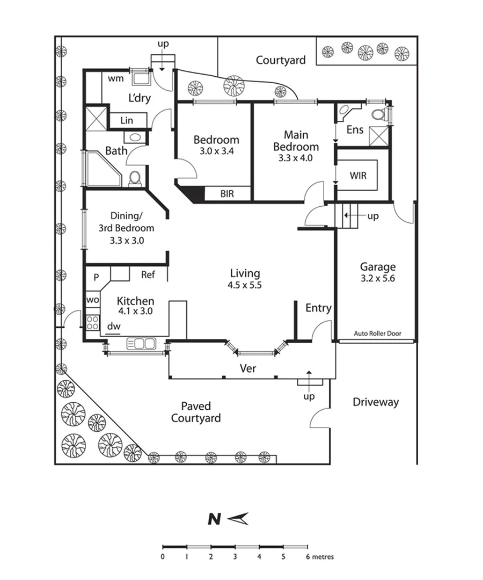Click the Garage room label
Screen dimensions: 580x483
pos(378,266)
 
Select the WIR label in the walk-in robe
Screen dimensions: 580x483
pos(358,175)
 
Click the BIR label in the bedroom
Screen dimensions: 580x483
pos(228,194)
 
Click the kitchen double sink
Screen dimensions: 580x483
pos(141,343)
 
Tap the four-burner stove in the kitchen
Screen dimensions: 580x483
pos(92,323)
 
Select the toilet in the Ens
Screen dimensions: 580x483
pos(379,114)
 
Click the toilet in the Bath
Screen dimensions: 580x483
pos(135,177)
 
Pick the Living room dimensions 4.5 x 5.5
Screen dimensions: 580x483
pos(245,285)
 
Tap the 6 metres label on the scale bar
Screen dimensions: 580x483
pos(320,557)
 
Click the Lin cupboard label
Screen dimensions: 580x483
pos(127,120)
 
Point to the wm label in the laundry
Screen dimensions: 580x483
pos(116,78)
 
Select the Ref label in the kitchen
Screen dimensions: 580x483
pos(148,274)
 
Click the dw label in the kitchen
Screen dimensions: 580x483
pos(113,326)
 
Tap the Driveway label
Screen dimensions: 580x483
pos(376,402)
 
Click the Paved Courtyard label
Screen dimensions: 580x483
pos(195,412)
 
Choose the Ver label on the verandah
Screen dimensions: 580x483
pos(247,368)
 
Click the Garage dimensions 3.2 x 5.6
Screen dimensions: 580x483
pos(378,279)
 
